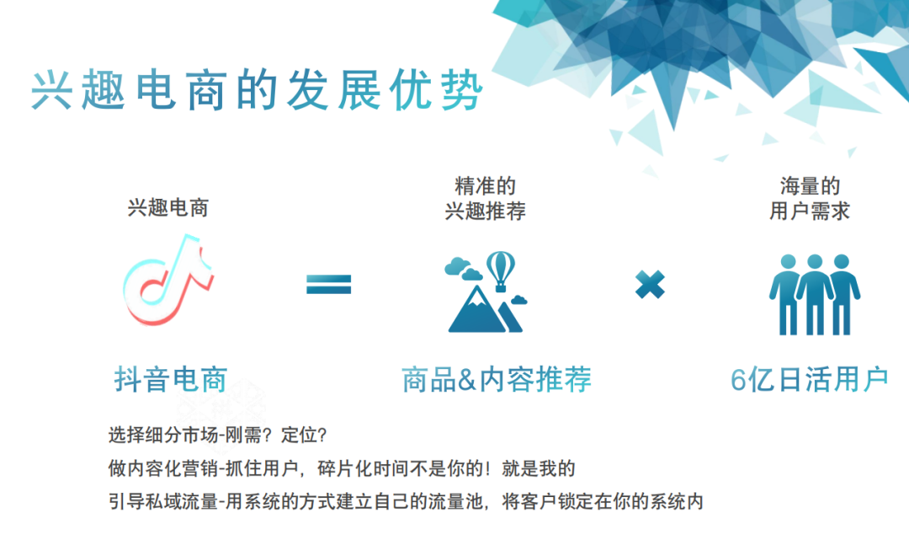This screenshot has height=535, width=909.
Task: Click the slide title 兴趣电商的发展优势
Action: click(257, 90)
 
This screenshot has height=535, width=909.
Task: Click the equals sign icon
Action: click(329, 284)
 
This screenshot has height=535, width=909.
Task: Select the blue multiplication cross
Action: click(650, 284)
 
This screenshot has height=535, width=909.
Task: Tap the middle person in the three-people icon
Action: click(815, 293)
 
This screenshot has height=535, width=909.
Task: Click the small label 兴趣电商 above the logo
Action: click(168, 208)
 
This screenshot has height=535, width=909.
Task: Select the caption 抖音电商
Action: click(170, 379)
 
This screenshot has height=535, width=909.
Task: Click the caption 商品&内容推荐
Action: click(497, 379)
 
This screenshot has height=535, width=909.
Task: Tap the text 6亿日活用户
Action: click(810, 379)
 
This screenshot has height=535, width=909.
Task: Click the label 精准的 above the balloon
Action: click(486, 186)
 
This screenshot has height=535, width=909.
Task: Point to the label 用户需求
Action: click(810, 211)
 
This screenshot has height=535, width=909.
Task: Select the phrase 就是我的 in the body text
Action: click(539, 468)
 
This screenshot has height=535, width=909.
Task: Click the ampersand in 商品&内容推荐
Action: click(466, 380)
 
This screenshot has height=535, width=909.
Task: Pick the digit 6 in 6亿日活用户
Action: click(738, 380)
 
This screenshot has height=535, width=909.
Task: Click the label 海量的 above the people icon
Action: click(810, 186)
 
